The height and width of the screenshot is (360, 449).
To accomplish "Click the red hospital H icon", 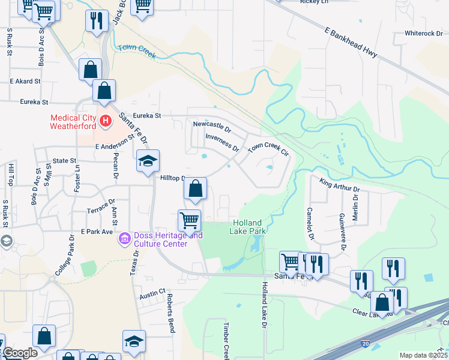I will [106, 122].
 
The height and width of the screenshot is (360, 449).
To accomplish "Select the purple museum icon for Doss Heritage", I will [124, 239].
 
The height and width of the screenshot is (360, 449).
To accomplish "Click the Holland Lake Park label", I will [249, 227].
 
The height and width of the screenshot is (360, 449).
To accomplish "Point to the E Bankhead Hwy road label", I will [351, 43].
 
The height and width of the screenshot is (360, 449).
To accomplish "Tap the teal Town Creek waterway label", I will [137, 52].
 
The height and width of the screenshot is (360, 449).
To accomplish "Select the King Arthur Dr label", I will [339, 185].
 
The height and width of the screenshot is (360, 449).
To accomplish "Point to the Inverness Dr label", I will [222, 142].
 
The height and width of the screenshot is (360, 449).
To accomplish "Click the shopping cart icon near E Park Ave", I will [190, 220].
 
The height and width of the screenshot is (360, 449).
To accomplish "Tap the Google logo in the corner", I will [20, 353].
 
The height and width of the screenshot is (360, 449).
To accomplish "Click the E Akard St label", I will [25, 80].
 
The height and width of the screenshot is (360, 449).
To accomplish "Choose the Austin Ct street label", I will [153, 293].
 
